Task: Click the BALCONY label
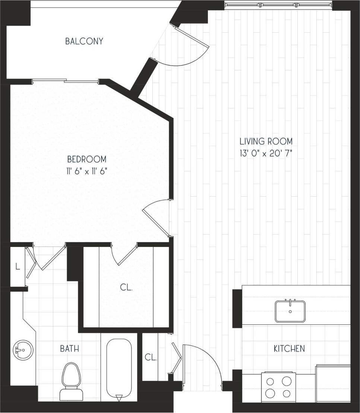(x=84, y=41)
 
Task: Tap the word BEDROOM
(x=86, y=159)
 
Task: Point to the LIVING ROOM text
(x=266, y=142)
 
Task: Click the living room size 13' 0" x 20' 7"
(x=266, y=153)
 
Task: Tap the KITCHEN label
(x=289, y=349)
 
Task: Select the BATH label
(x=69, y=349)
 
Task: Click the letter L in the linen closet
(x=17, y=266)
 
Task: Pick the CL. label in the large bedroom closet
(x=126, y=287)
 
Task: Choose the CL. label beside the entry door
(x=151, y=357)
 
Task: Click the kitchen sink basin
(x=290, y=311)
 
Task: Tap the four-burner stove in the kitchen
(x=278, y=387)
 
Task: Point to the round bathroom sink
(x=23, y=350)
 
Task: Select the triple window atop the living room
(x=278, y=5)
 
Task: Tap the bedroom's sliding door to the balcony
(x=66, y=80)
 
